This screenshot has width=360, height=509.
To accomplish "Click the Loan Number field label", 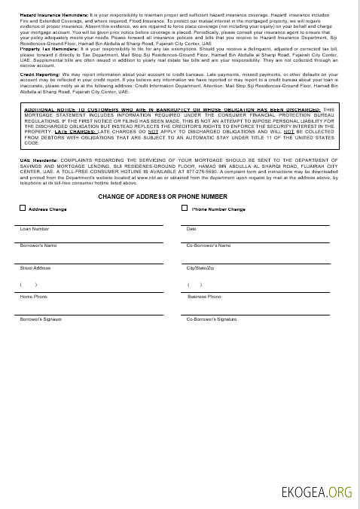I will [x=35, y=228].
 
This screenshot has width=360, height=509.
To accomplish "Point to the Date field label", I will [x=191, y=228].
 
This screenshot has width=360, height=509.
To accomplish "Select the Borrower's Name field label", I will [x=38, y=245].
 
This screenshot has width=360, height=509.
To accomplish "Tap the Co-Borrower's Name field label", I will [x=208, y=245].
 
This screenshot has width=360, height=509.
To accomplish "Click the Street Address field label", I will [x=35, y=268].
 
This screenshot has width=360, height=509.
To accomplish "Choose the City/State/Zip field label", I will [x=200, y=268].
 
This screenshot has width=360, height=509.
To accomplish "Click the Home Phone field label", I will [x=34, y=297].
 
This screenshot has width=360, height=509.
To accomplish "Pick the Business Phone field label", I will [x=203, y=297].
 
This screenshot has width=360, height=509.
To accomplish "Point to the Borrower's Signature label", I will [x=41, y=319].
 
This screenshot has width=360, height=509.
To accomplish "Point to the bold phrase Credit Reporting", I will [x=36, y=75].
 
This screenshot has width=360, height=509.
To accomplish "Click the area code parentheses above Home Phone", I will [x=29, y=285].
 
